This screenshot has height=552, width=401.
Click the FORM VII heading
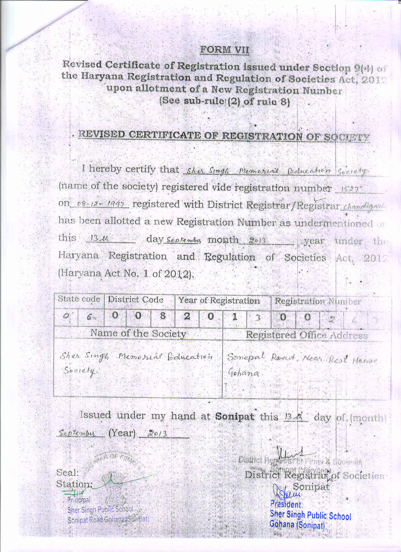pos(225,50)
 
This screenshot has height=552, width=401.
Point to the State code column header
pos(79,299)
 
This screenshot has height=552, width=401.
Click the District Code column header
pos(136,300)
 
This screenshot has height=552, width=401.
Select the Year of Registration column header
pos(219,301)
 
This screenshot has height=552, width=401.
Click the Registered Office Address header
pos(307,335)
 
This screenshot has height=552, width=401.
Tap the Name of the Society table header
pos(138,333)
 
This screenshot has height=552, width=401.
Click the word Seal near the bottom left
pos(67,472)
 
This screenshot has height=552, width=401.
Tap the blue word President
pos(286,504)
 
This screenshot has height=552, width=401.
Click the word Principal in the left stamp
pos(79,500)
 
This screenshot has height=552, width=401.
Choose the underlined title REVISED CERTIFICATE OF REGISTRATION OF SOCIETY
pos(224,136)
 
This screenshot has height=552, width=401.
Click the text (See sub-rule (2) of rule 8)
pos(225,101)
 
